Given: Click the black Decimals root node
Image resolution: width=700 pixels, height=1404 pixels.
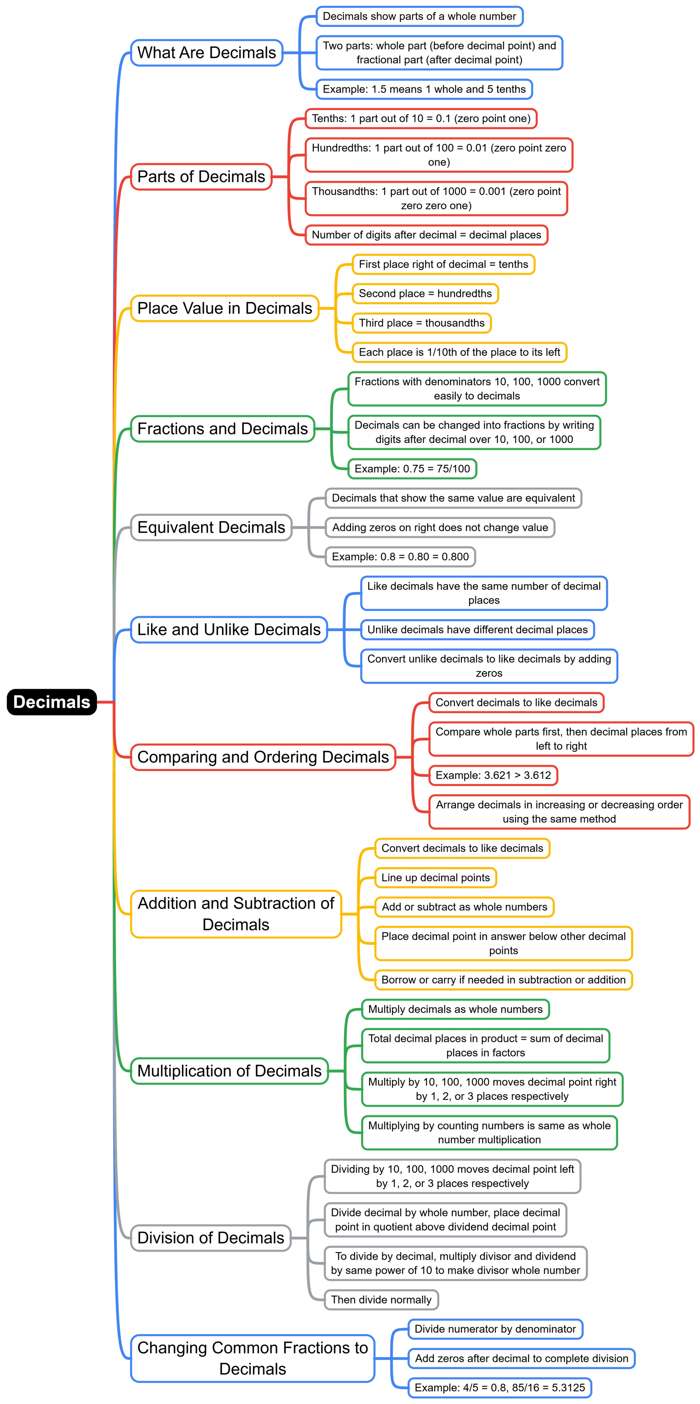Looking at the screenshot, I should pos(52,701).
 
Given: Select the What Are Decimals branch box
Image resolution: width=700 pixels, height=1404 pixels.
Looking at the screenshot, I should pos(207,53).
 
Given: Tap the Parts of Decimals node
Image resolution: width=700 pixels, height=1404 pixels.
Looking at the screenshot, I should pos(201,177).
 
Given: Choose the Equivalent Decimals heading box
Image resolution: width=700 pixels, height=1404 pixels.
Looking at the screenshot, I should pos(211,527).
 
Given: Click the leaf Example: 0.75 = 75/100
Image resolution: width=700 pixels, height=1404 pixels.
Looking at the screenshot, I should pos(412,469).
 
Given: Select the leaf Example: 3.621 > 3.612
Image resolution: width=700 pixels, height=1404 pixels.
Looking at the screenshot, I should pos(493,775).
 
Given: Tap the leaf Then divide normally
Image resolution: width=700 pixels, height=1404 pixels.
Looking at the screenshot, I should pos(381,1300).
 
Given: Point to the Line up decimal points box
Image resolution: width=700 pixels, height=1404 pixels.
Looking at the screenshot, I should pos(435,878).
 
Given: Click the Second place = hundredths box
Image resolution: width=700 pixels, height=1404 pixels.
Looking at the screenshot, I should pos(425,293).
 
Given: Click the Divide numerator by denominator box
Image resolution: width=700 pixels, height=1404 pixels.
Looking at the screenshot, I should pos(495,1329).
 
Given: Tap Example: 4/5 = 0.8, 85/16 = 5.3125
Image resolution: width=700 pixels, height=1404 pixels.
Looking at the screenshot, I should pos(500,1387).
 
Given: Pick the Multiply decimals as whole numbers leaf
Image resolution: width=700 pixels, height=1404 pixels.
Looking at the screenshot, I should pos(455,1009).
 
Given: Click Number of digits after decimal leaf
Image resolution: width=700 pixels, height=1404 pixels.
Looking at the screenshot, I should pos(426,235).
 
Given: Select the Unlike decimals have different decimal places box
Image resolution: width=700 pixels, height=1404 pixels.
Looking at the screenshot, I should pos(477,630).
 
